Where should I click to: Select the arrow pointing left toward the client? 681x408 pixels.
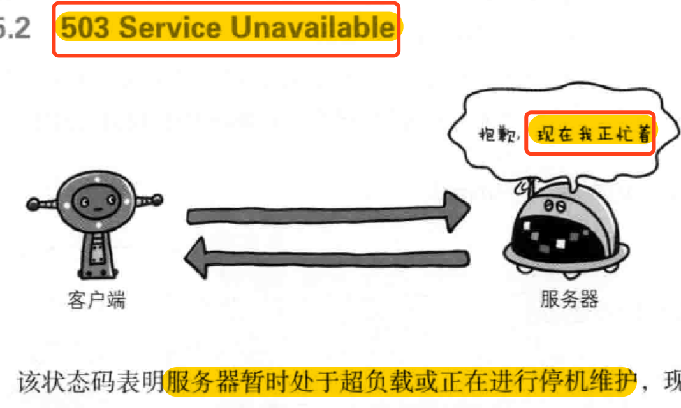[325, 258]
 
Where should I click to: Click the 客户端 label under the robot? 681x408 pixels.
[96, 300]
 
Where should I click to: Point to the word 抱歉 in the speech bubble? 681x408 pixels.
[500, 135]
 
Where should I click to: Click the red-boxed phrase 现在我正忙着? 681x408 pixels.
[589, 135]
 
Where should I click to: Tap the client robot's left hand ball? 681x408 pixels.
[33, 204]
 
